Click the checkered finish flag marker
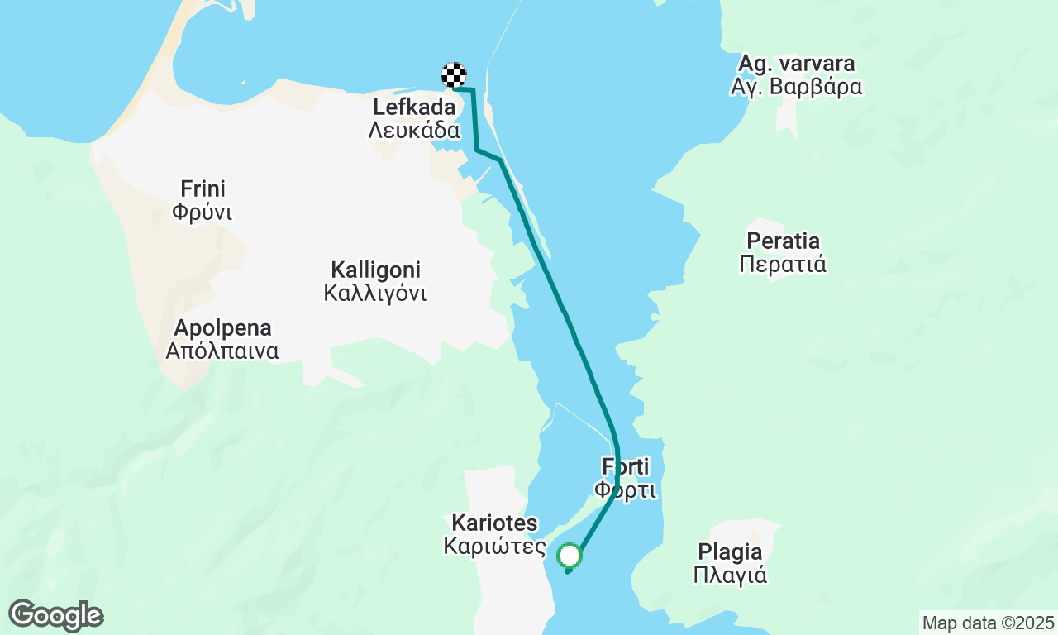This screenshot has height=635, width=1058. [x=454, y=75]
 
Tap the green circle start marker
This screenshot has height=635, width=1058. [x=570, y=555]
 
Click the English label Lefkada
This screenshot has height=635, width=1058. [x=414, y=107]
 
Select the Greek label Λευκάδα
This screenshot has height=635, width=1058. [x=414, y=130]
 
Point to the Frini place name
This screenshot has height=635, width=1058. [x=203, y=189]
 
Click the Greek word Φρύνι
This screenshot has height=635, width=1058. [x=203, y=212]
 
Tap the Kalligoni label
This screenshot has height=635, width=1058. [x=376, y=270]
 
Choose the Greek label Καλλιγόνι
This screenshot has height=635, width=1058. [x=376, y=293]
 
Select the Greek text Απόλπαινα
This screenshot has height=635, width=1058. [x=222, y=351]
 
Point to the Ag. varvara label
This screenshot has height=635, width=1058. [x=797, y=64]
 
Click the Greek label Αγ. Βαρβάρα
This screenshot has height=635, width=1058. [x=797, y=87]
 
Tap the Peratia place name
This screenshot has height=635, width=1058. [x=784, y=241]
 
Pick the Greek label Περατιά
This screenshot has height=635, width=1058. [x=784, y=265]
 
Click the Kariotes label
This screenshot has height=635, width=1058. [x=494, y=523]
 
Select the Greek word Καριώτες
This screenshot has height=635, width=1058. [x=494, y=547]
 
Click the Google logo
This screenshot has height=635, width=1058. [x=55, y=615]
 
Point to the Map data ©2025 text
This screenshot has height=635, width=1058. [x=988, y=623]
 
